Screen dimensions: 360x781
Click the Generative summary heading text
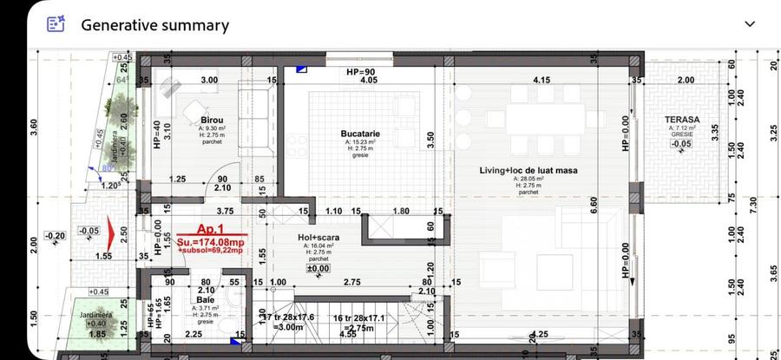coord(154,25)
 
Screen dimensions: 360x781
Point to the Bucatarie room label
coord(361,133)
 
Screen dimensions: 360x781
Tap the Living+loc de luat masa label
coord(528,170)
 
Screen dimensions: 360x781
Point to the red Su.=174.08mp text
coord(211,240)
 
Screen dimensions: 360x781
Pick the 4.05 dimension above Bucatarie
coord(369,80)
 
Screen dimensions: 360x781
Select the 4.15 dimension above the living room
coord(541,80)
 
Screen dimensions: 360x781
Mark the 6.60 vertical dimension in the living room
coord(594,205)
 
